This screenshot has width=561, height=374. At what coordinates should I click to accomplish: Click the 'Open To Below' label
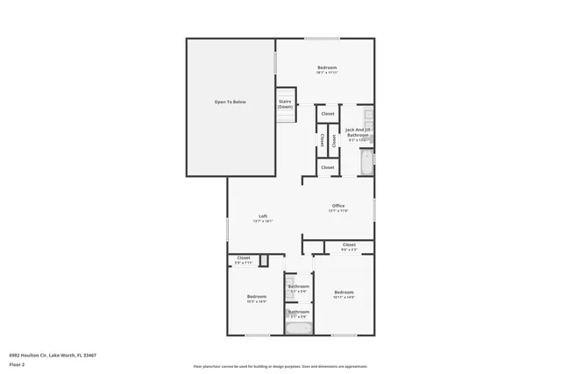pos(231,102)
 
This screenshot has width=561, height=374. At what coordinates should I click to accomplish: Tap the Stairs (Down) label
pos(286,104)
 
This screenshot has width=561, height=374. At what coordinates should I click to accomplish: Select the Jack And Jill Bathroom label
pos(357,134)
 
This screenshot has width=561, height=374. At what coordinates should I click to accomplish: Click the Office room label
pos(337,206)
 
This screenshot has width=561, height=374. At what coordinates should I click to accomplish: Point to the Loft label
pos(263,216)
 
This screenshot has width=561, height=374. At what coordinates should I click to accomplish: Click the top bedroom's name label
pos(327,67)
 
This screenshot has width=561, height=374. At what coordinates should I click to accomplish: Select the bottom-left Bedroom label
pos(256,296)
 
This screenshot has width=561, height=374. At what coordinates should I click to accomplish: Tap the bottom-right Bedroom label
pos(344,292)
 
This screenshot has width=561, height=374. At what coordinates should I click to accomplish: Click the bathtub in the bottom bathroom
pos(299,329)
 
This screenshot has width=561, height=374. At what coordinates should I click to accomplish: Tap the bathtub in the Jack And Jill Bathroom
pos(367,160)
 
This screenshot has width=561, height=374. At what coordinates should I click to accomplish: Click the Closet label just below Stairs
pos(327,114)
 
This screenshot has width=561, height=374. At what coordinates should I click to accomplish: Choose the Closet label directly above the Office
pos(327,167)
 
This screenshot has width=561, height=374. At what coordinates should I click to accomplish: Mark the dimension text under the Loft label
pos(263,222)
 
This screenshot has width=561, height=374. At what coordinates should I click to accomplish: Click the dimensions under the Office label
pos(337,211)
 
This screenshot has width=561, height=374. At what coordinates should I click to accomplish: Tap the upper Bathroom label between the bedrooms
pos(299,286)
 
